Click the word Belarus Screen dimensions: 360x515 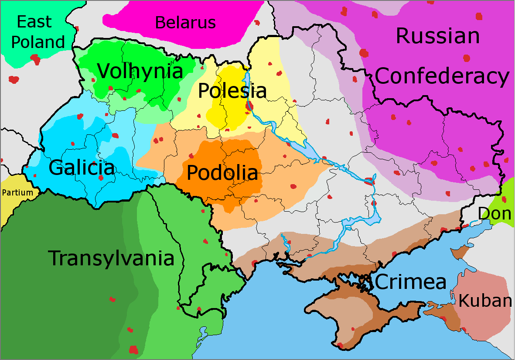(x=185, y=22)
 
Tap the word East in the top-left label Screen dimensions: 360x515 (x=34, y=21)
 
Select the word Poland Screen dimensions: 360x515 (x=38, y=42)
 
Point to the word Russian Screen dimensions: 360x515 (x=437, y=36)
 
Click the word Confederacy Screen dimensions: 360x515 (x=442, y=77)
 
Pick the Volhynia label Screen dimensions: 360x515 (x=140, y=71)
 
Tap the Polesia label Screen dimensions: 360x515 (x=232, y=91)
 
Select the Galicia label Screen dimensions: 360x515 (x=82, y=168)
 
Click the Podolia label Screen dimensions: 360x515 (x=222, y=172)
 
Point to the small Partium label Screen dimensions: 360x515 (x=17, y=192)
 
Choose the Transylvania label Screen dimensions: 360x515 (x=111, y=258)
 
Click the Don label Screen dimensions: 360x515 (x=495, y=214)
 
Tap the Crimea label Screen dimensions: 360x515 (x=410, y=282)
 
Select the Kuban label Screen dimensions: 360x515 (x=484, y=301)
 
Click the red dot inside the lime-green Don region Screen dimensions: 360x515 (x=504, y=200)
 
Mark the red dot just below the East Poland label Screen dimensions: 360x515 (x=35, y=58)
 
